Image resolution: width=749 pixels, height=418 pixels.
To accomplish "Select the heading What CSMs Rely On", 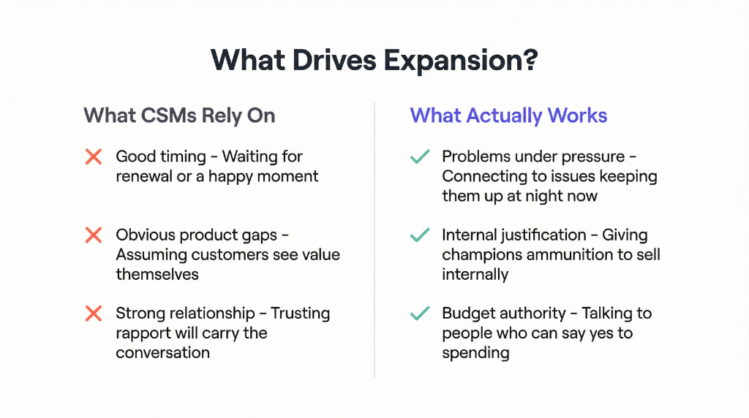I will click(x=179, y=115).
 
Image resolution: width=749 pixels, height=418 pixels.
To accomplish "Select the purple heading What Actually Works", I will click(x=508, y=115).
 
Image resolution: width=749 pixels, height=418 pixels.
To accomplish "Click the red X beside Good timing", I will click(x=94, y=156).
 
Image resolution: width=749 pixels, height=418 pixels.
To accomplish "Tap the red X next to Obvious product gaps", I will click(x=94, y=235).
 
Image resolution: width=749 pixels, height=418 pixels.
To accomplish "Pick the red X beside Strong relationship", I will click(x=94, y=313).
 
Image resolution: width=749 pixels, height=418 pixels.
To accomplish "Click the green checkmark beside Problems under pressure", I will click(x=420, y=156).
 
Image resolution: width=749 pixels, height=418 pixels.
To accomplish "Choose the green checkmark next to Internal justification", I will click(x=420, y=235).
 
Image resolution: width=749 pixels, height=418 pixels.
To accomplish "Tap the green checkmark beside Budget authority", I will click(x=420, y=313).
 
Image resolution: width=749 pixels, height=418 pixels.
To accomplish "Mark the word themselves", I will click(x=157, y=275).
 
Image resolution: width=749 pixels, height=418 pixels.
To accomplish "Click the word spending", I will click(x=475, y=353).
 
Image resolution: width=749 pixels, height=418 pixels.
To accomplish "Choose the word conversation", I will click(x=162, y=353).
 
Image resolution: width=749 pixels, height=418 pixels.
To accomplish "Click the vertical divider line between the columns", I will click(x=374, y=241).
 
